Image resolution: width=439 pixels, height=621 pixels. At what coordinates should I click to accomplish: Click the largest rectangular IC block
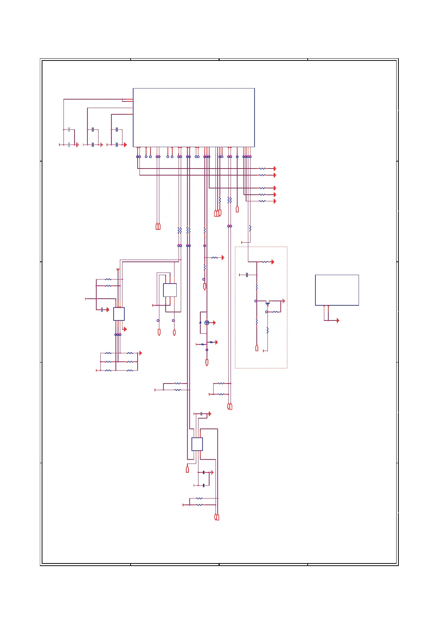[x=194, y=117]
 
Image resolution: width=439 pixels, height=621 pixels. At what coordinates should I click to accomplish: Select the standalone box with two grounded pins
[x=337, y=290]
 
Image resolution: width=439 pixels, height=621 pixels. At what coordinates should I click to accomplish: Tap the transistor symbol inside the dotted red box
[x=268, y=303]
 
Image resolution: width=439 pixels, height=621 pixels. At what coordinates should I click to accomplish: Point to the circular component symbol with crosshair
[x=207, y=323]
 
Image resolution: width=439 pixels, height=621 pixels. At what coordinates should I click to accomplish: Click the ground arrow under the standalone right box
[x=338, y=320]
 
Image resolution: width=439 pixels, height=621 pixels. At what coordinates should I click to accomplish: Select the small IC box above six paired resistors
[x=119, y=314]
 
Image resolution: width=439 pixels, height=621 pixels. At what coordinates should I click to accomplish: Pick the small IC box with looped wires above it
[x=170, y=290]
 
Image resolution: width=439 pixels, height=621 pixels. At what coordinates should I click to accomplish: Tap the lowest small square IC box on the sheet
[x=197, y=444]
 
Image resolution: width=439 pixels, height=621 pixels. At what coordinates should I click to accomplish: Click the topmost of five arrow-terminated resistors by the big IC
[x=262, y=169]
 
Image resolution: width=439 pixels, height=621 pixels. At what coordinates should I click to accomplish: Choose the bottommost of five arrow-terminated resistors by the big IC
[x=262, y=201]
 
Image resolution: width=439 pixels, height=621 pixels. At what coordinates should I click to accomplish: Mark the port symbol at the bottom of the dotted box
[x=257, y=348]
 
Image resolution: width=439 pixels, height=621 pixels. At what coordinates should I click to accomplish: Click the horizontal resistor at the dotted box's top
[x=264, y=262]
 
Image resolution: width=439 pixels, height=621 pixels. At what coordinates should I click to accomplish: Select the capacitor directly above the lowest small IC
[x=201, y=414]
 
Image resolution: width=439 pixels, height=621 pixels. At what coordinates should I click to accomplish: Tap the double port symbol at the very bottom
[x=217, y=517]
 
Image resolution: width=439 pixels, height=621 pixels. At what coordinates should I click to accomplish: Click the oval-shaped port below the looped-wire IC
[x=174, y=333]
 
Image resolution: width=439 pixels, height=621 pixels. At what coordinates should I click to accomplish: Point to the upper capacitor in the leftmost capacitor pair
[x=69, y=130]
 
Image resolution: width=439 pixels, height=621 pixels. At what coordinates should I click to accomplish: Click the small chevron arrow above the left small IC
[x=118, y=270]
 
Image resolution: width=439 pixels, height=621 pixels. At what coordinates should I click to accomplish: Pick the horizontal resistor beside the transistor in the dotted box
[x=275, y=312]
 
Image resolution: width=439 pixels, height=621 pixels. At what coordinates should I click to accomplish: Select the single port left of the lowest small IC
[x=187, y=469]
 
